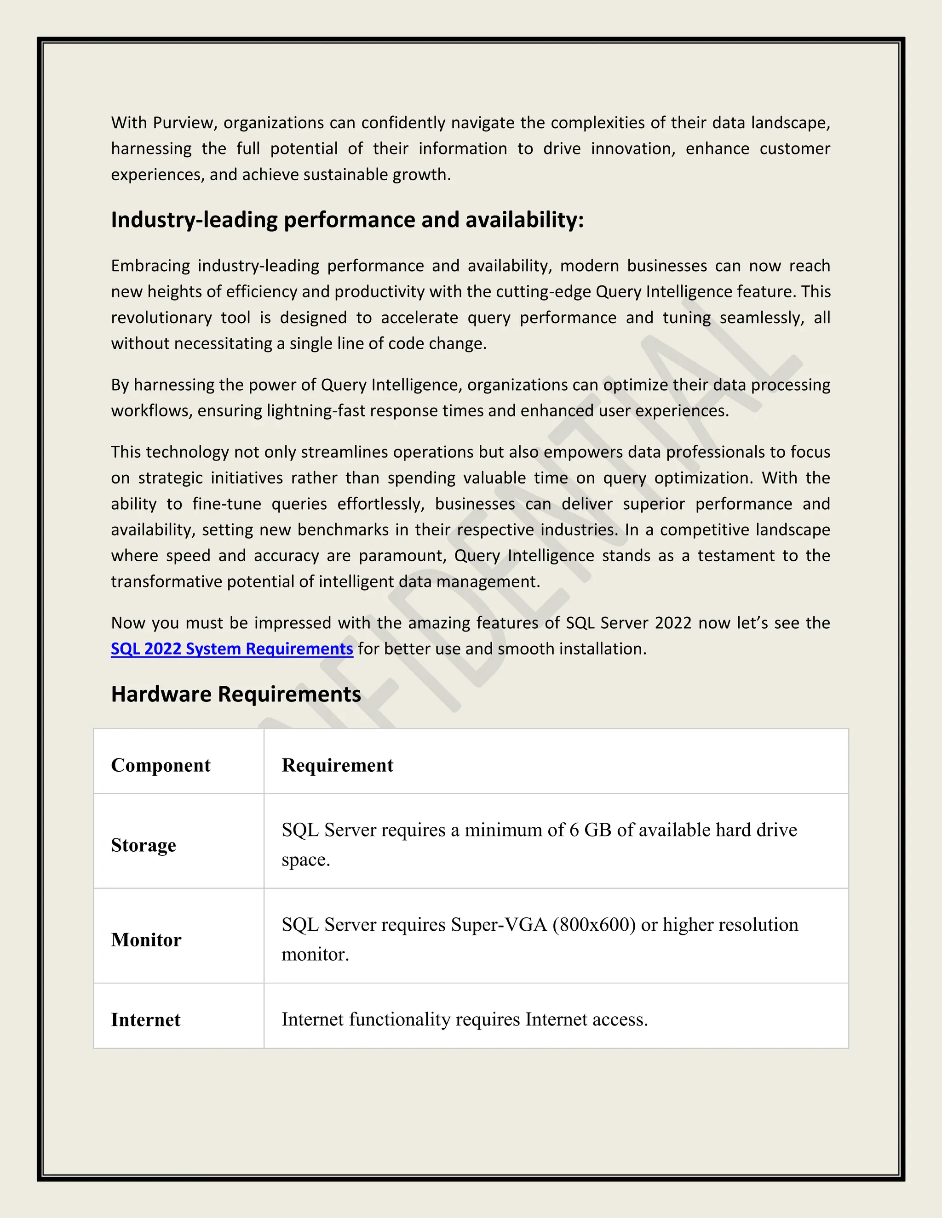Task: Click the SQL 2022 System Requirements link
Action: click(x=232, y=649)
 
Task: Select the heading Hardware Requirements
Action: click(x=235, y=694)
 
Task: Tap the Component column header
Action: click(x=161, y=765)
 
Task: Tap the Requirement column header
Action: click(x=337, y=765)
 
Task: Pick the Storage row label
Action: click(x=144, y=845)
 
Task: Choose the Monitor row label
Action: click(x=146, y=940)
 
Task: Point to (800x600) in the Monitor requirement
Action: click(x=594, y=925)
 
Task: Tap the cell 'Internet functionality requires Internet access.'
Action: click(x=464, y=1019)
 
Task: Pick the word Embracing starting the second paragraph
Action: click(x=150, y=266)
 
